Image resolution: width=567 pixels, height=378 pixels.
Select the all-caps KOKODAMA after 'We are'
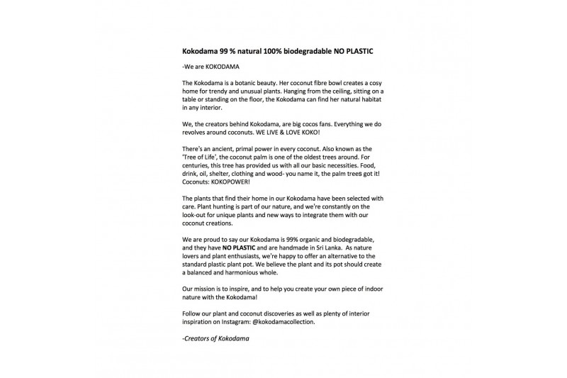pyautogui.click(x=223, y=68)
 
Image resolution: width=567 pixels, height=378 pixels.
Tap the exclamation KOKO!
pyautogui.click(x=308, y=132)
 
